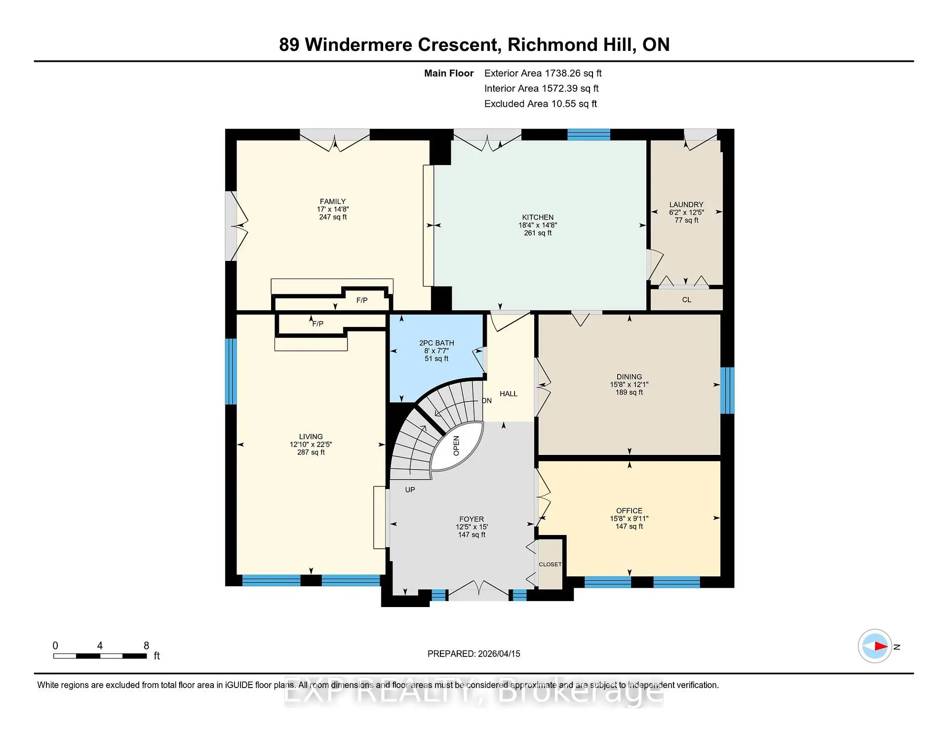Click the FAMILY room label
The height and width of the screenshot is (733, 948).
(x=333, y=202)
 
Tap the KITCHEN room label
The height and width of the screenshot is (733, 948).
(x=538, y=217)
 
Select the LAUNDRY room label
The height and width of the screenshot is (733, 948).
(x=686, y=204)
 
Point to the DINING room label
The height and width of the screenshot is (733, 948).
(x=629, y=377)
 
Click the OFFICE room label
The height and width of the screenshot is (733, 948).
(x=629, y=511)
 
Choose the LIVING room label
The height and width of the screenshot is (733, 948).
(x=311, y=437)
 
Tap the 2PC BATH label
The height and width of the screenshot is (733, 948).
(x=436, y=343)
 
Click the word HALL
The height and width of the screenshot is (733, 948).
(x=509, y=394)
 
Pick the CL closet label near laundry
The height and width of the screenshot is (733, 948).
(x=687, y=300)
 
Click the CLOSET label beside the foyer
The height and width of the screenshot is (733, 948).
(x=550, y=564)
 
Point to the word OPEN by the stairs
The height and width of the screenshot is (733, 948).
(x=456, y=446)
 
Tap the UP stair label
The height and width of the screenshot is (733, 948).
(x=410, y=490)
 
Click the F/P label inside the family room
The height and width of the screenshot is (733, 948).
(x=362, y=300)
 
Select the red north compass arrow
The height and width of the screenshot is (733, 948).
(x=880, y=646)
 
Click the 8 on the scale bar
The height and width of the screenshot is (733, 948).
(x=146, y=646)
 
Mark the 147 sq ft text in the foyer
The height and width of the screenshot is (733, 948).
(x=472, y=534)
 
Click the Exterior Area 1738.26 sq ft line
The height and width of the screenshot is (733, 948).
(x=543, y=73)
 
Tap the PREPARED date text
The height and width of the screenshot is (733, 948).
(x=474, y=653)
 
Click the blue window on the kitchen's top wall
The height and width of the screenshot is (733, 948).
(x=589, y=134)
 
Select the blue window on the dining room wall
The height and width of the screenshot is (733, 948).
(x=727, y=390)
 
